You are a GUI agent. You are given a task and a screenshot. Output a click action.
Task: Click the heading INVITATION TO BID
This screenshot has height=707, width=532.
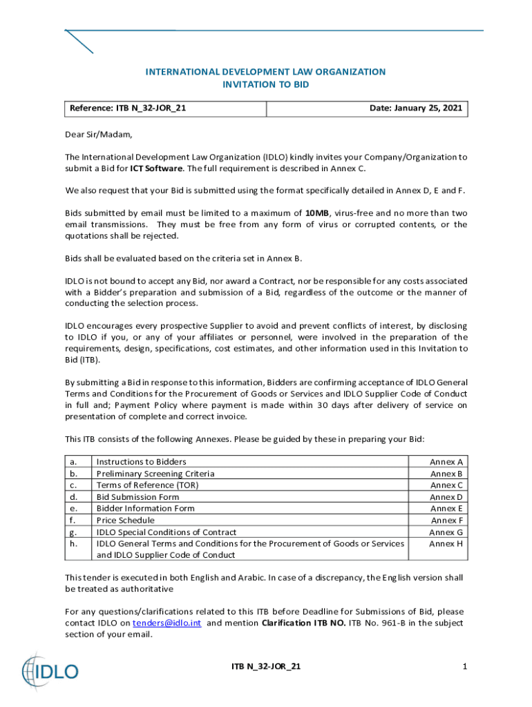point(265,84)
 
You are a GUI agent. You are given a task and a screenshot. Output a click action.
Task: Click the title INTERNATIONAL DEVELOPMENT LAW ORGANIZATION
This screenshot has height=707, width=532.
point(265,72)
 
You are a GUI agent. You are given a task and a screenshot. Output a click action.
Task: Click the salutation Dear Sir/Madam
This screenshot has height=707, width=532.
point(98,134)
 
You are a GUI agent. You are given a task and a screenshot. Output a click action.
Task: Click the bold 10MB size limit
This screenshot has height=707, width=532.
point(317,213)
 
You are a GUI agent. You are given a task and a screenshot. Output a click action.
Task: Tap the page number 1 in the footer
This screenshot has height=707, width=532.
point(465,666)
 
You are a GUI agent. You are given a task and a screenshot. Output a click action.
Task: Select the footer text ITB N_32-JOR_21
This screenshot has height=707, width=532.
point(266,666)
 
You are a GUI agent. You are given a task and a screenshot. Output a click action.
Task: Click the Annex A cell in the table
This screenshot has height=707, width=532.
point(446,462)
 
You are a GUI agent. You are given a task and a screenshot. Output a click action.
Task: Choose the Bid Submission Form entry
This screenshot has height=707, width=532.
point(137,497)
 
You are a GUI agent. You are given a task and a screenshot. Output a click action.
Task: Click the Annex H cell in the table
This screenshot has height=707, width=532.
point(446,544)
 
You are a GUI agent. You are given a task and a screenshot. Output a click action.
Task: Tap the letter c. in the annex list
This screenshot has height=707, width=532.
point(73,485)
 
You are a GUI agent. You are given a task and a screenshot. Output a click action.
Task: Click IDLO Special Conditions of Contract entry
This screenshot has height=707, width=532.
point(167,532)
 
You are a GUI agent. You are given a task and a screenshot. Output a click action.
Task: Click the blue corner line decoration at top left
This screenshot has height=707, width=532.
point(79,41)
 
